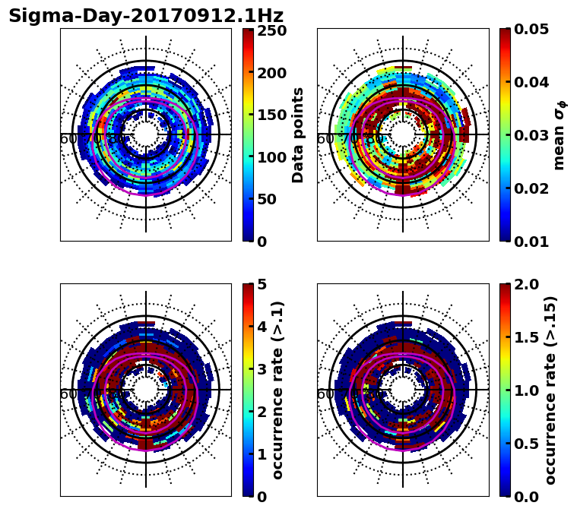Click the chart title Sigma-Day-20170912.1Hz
(146, 16)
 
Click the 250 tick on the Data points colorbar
(271, 31)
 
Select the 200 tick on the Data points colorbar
(271, 73)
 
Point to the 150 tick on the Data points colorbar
(271, 115)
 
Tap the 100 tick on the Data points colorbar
(271, 157)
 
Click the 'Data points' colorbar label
(298, 134)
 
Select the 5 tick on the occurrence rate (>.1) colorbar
(261, 285)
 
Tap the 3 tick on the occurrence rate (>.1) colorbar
(261, 370)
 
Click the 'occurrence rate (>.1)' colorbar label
(277, 390)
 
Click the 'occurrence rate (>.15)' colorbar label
(550, 390)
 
